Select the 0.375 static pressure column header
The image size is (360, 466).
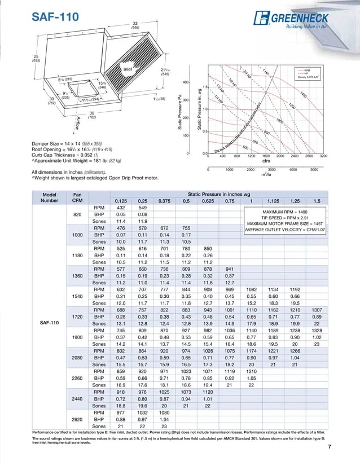click(164, 201)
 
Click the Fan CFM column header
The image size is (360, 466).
click(77, 196)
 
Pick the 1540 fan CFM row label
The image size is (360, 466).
click(77, 296)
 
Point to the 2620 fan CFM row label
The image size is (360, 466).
click(77, 419)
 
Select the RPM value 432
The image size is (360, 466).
click(120, 208)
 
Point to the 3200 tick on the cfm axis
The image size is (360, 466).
click(323, 156)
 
